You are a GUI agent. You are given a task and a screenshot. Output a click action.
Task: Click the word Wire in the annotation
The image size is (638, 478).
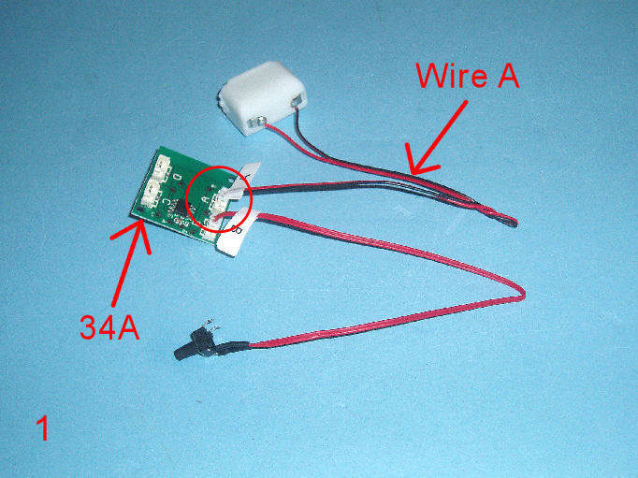coord(451,75)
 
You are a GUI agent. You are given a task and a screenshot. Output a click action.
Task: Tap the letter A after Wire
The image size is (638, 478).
coord(508,75)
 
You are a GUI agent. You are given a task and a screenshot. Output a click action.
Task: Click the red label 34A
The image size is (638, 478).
coord(109,327)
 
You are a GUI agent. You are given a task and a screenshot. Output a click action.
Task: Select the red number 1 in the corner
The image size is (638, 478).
coord(43,427)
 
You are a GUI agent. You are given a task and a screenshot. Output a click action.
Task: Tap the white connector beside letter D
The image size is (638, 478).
coord(164,167)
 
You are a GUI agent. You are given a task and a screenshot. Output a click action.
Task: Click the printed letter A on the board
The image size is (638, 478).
coord(206,199)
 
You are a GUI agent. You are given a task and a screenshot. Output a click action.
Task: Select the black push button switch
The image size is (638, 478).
coord(195,344)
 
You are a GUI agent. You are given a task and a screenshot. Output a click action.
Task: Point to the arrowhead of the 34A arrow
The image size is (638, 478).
coord(140,231)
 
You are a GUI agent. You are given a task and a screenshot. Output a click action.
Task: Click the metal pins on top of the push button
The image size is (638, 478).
coord(211,324)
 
